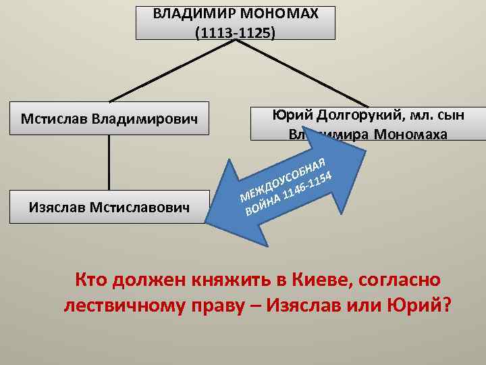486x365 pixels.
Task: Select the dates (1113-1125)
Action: click(235, 32)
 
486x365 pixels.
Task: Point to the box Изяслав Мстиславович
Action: click(109, 205)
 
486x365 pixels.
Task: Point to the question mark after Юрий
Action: click(446, 306)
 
